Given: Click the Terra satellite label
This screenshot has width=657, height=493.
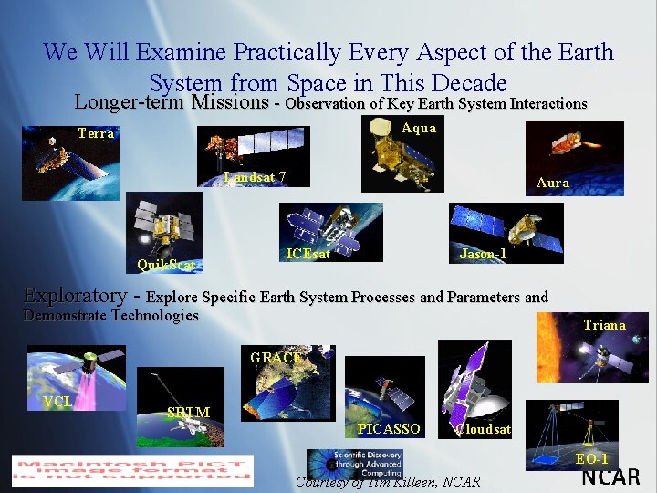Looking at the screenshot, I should click(x=96, y=133).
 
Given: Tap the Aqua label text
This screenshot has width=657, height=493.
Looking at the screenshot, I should click(x=419, y=129).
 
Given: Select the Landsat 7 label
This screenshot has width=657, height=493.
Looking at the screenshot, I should click(x=255, y=177).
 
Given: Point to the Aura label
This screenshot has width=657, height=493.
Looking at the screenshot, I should click(x=553, y=183).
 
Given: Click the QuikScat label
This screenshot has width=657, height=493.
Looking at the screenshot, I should click(x=165, y=265).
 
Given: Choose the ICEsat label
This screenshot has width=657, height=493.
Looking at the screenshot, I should click(x=308, y=254).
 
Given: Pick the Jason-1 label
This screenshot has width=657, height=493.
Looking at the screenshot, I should click(x=483, y=254).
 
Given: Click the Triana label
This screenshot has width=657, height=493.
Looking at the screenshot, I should click(x=604, y=325).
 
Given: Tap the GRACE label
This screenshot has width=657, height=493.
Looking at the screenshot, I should click(x=276, y=358).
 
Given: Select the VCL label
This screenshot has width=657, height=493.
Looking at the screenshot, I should click(x=58, y=402).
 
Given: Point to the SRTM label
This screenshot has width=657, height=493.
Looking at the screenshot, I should click(x=189, y=412).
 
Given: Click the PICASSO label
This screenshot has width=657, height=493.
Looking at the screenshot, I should click(x=389, y=428).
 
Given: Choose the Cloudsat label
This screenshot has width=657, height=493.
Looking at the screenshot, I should click(x=484, y=428).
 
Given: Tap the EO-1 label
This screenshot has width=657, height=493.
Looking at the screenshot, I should click(x=591, y=458).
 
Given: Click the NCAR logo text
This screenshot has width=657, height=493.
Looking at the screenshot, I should click(x=610, y=477).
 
